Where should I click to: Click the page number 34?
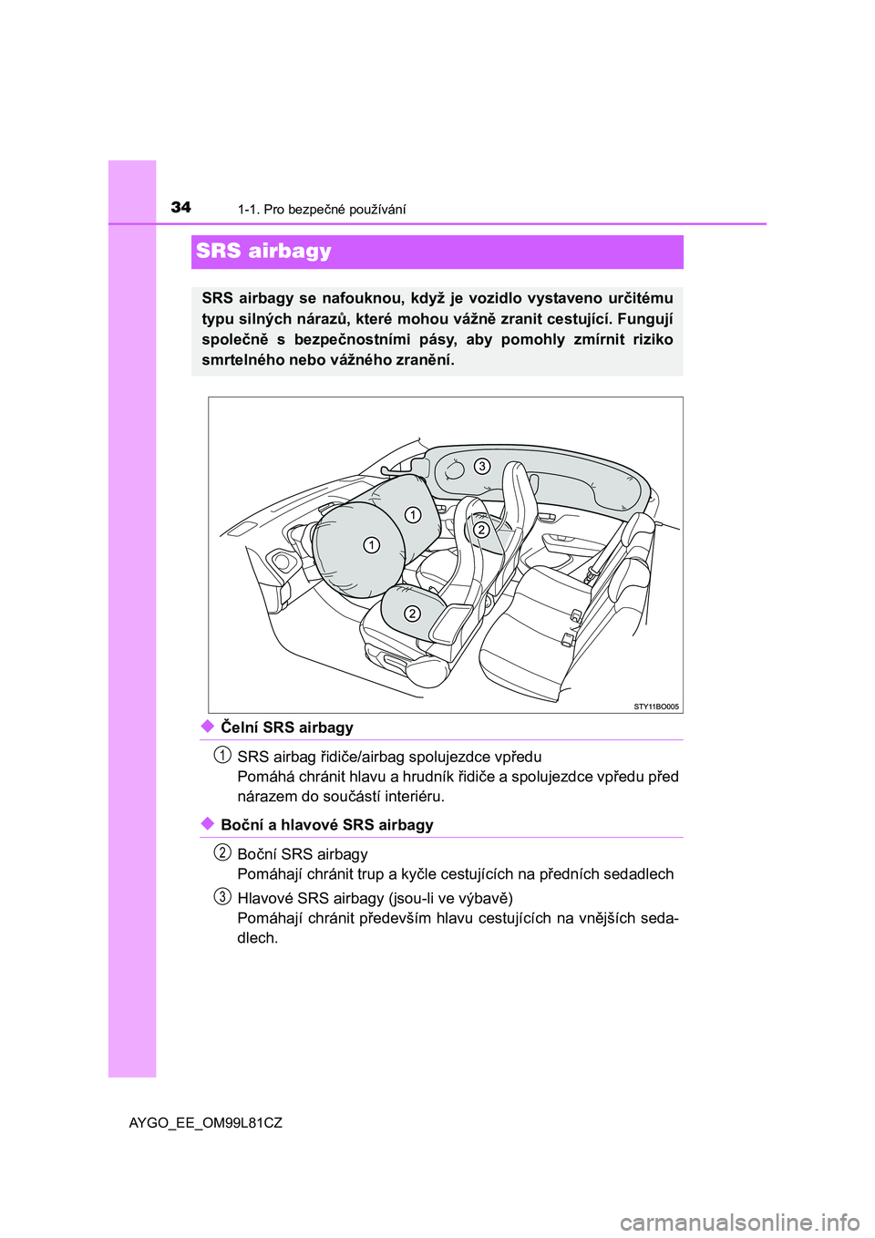[x=181, y=207]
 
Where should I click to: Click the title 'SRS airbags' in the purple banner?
[x=263, y=251]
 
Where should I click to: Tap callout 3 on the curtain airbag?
[x=482, y=467]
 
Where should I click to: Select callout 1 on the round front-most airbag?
[x=372, y=545]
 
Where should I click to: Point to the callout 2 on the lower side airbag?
[x=412, y=614]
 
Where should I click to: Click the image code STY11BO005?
[x=655, y=707]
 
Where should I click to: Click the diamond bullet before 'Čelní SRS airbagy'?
[x=208, y=727]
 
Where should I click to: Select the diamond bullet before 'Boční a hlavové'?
[x=208, y=824]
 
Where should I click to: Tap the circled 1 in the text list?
[x=222, y=755]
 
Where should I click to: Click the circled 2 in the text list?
[x=222, y=852]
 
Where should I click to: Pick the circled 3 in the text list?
[x=222, y=896]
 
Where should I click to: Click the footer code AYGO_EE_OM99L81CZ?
[x=206, y=1123]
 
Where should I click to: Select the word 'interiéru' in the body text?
[x=411, y=797]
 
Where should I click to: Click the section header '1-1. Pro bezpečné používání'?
[x=322, y=210]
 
